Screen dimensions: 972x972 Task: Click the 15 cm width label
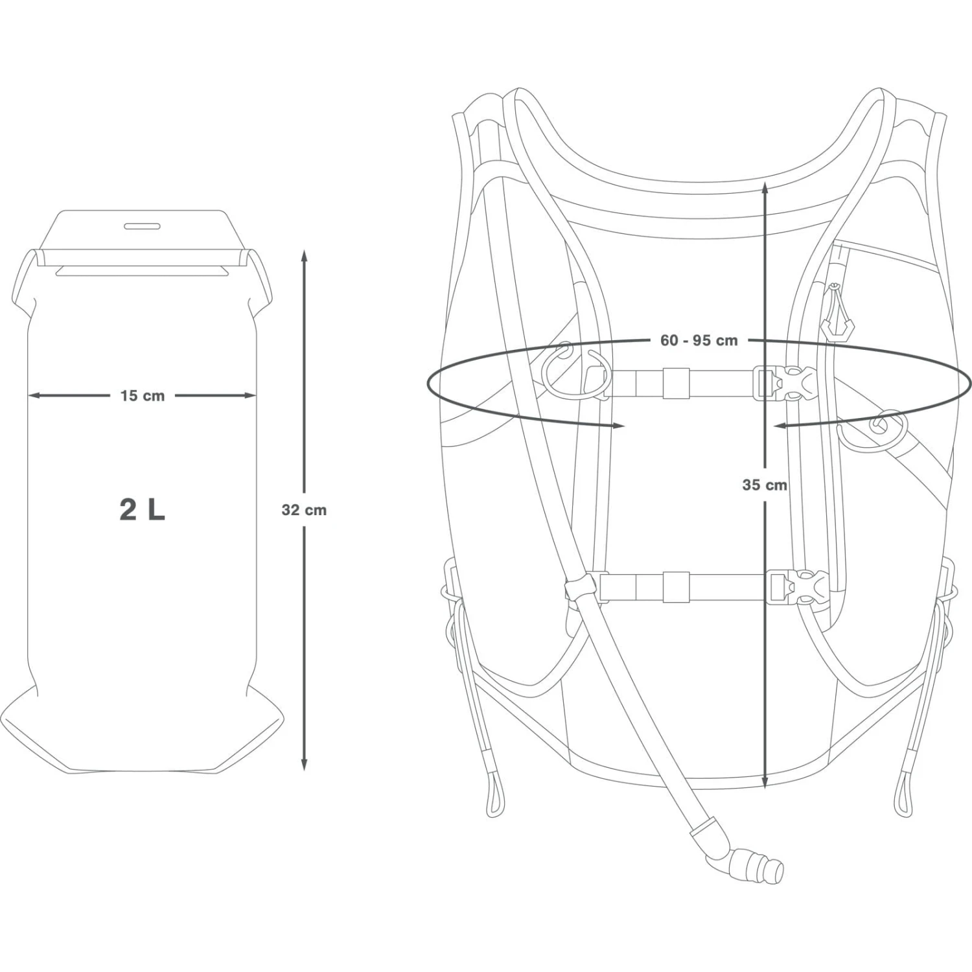(143, 396)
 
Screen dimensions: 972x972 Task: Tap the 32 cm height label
(304, 510)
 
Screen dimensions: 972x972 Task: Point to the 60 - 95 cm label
(699, 340)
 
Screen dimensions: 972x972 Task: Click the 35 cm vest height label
(765, 485)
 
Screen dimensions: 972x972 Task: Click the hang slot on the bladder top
(143, 226)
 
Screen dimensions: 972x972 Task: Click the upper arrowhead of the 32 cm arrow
(304, 255)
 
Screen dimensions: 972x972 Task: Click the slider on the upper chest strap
(676, 383)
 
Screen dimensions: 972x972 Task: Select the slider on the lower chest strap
(676, 587)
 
